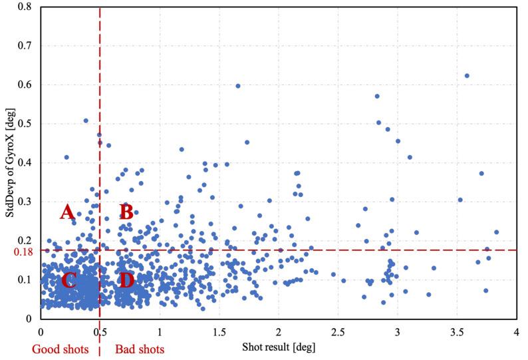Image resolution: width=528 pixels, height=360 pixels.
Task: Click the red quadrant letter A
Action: tap(66, 212)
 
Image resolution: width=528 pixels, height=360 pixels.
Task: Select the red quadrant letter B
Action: tap(126, 212)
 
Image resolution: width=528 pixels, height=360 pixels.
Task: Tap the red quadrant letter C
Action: tap(68, 280)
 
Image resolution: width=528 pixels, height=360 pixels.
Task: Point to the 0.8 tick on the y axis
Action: tap(29, 7)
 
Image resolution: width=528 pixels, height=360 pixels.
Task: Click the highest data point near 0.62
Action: tap(467, 76)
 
